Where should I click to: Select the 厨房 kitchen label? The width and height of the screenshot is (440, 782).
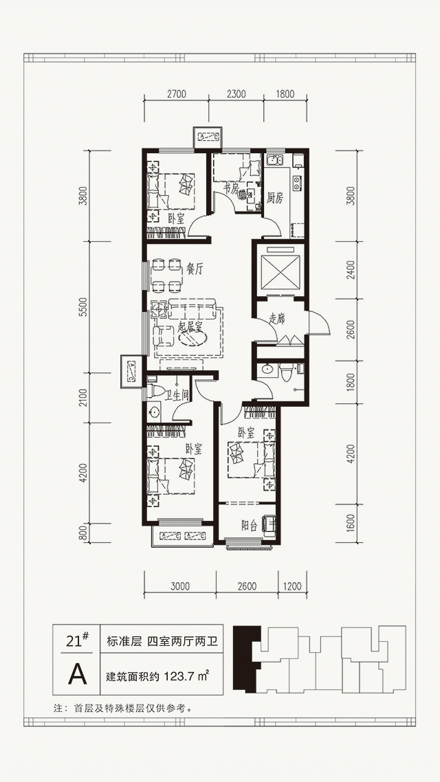274,199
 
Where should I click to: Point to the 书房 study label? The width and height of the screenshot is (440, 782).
230,188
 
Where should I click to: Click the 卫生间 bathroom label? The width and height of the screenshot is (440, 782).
177,396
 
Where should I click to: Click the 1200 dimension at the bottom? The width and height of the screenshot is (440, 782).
292,587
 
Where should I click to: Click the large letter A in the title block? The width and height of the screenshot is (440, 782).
77,674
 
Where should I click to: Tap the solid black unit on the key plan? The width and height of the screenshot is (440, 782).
248,659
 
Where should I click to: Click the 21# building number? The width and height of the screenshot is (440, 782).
77,639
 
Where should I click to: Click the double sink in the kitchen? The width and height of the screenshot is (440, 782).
275,161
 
